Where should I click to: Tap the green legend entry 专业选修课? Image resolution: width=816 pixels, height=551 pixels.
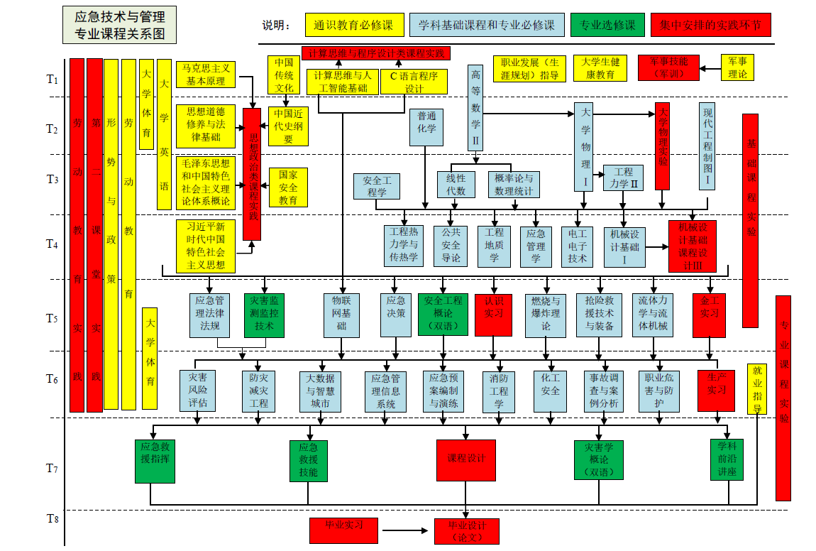click(x=607, y=26)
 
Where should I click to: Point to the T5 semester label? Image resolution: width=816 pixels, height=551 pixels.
click(x=52, y=318)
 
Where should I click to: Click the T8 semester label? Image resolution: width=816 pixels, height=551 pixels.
click(x=52, y=519)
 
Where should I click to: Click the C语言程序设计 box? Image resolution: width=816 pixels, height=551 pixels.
click(x=414, y=82)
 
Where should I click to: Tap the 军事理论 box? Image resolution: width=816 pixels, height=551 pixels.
click(x=737, y=67)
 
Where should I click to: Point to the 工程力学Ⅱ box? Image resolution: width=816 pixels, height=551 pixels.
click(x=623, y=178)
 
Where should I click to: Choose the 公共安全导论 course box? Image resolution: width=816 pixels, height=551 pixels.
click(x=451, y=246)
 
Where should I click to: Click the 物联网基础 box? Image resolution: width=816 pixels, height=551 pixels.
click(x=341, y=315)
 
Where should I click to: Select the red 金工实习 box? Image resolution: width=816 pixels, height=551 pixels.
click(x=709, y=315)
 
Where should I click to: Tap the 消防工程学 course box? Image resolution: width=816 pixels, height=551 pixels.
click(x=499, y=391)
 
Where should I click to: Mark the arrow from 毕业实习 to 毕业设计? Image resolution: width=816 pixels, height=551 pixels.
click(x=408, y=530)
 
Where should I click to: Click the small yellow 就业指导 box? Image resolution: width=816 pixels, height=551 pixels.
click(x=757, y=389)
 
